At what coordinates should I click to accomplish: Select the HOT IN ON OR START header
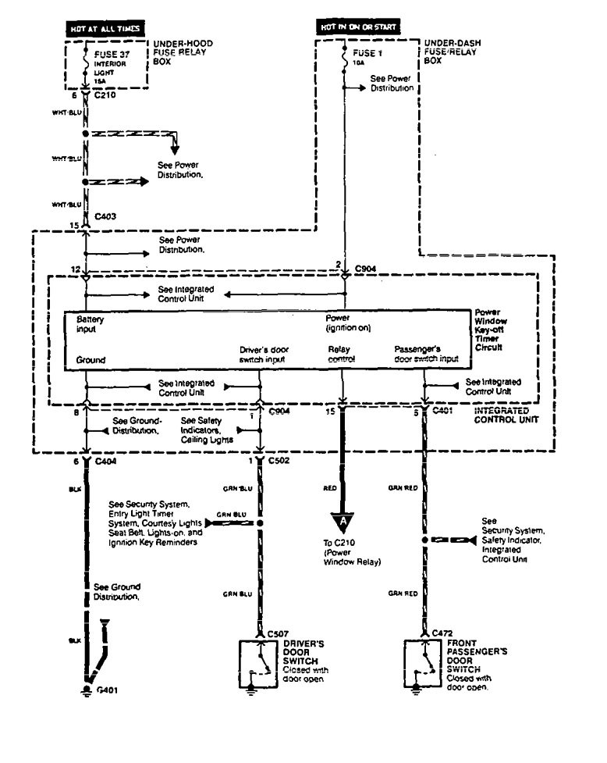[360, 27]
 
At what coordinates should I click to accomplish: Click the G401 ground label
[107, 692]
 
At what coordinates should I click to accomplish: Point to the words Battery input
[90, 324]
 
